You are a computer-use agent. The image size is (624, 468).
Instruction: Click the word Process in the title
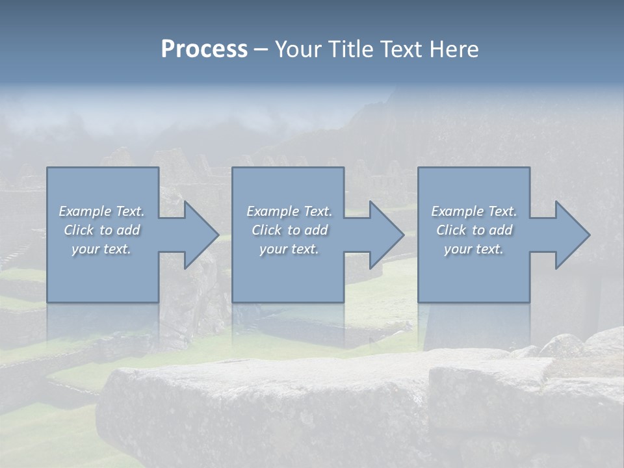pos(204,49)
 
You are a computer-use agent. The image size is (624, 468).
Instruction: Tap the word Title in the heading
pos(350,49)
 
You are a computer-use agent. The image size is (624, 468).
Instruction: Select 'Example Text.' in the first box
pos(101,211)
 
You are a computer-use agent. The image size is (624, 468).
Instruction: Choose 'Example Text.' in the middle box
pos(289,211)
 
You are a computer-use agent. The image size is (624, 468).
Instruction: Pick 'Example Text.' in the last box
pos(474,211)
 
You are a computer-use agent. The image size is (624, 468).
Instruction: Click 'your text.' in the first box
pos(101,249)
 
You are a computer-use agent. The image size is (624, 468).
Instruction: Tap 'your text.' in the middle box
pos(289,249)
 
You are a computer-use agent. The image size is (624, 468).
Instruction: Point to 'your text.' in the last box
pos(474,249)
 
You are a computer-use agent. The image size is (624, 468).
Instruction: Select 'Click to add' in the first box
pos(101,230)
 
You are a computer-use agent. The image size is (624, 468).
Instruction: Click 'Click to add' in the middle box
pos(289,230)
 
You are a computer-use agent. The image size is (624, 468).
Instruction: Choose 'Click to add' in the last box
pos(474,230)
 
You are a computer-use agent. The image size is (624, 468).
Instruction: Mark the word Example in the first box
pos(85,211)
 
